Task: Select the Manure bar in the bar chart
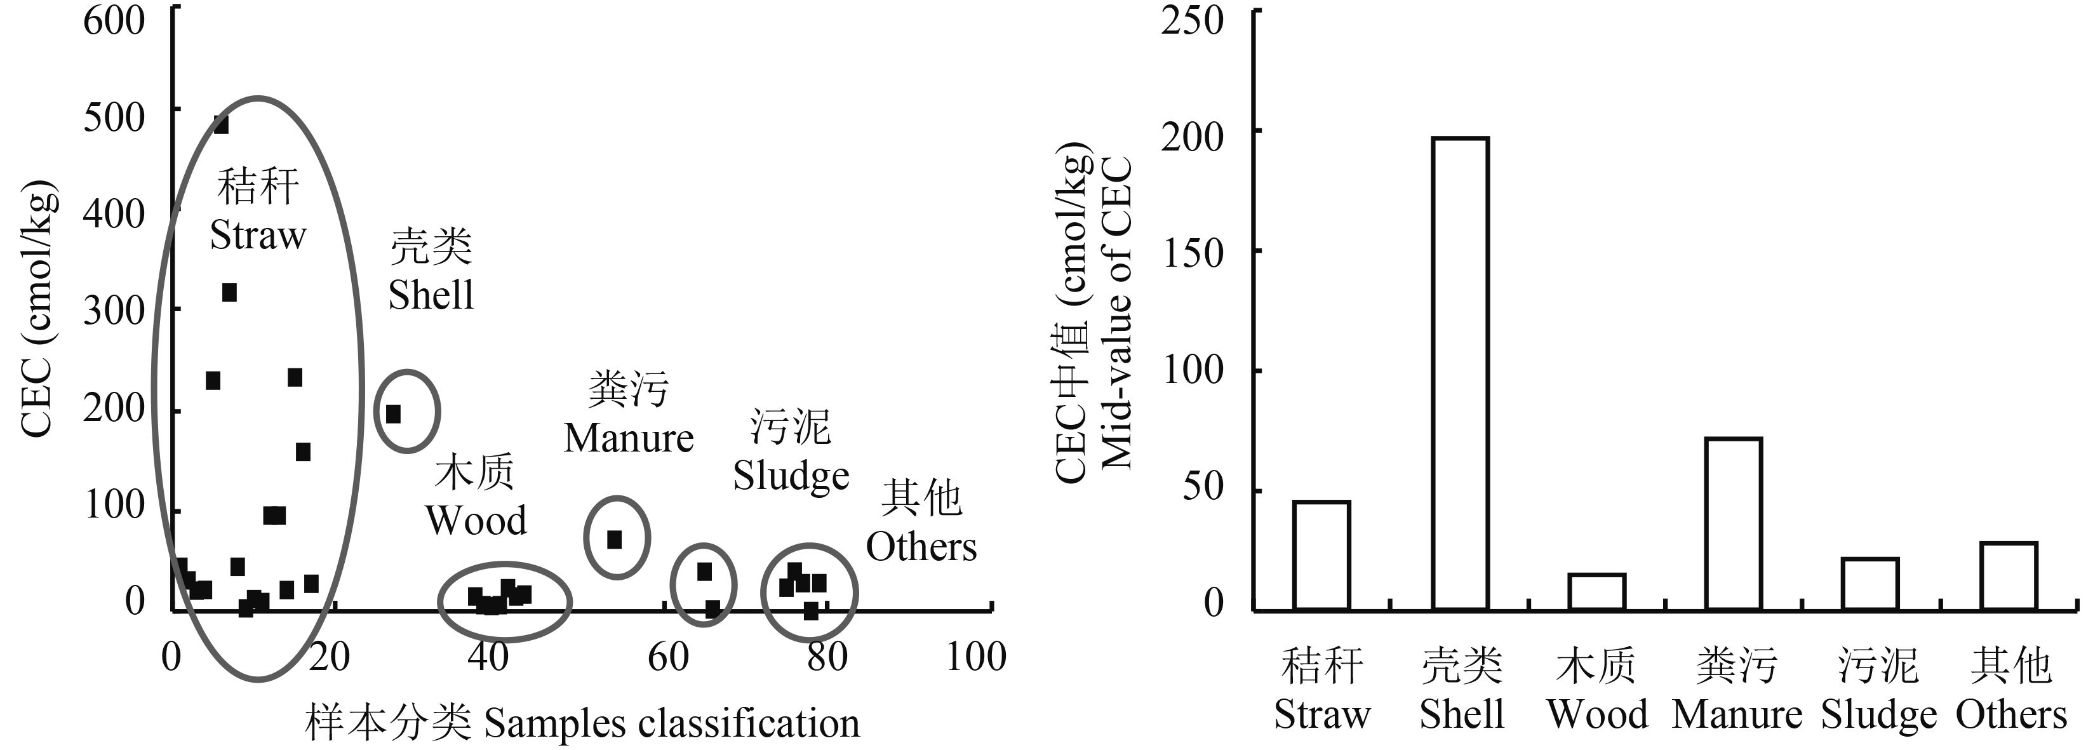pyautogui.click(x=1734, y=524)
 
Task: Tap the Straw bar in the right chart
pyautogui.click(x=1321, y=555)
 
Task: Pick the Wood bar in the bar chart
pyautogui.click(x=1597, y=592)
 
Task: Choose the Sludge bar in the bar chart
pyautogui.click(x=1870, y=584)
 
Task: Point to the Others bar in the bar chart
pyautogui.click(x=2009, y=575)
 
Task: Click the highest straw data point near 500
pyautogui.click(x=221, y=124)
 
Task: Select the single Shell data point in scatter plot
pyautogui.click(x=393, y=414)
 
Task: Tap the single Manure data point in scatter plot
pyautogui.click(x=615, y=540)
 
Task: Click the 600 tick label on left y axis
pyautogui.click(x=114, y=20)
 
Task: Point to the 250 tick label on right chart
pyautogui.click(x=1192, y=20)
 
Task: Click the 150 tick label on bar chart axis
pyautogui.click(x=1192, y=253)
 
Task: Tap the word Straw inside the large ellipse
pyautogui.click(x=258, y=236)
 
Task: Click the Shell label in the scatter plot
pyautogui.click(x=431, y=295)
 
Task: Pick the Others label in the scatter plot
pyautogui.click(x=921, y=547)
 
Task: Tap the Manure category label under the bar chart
pyautogui.click(x=1736, y=715)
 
